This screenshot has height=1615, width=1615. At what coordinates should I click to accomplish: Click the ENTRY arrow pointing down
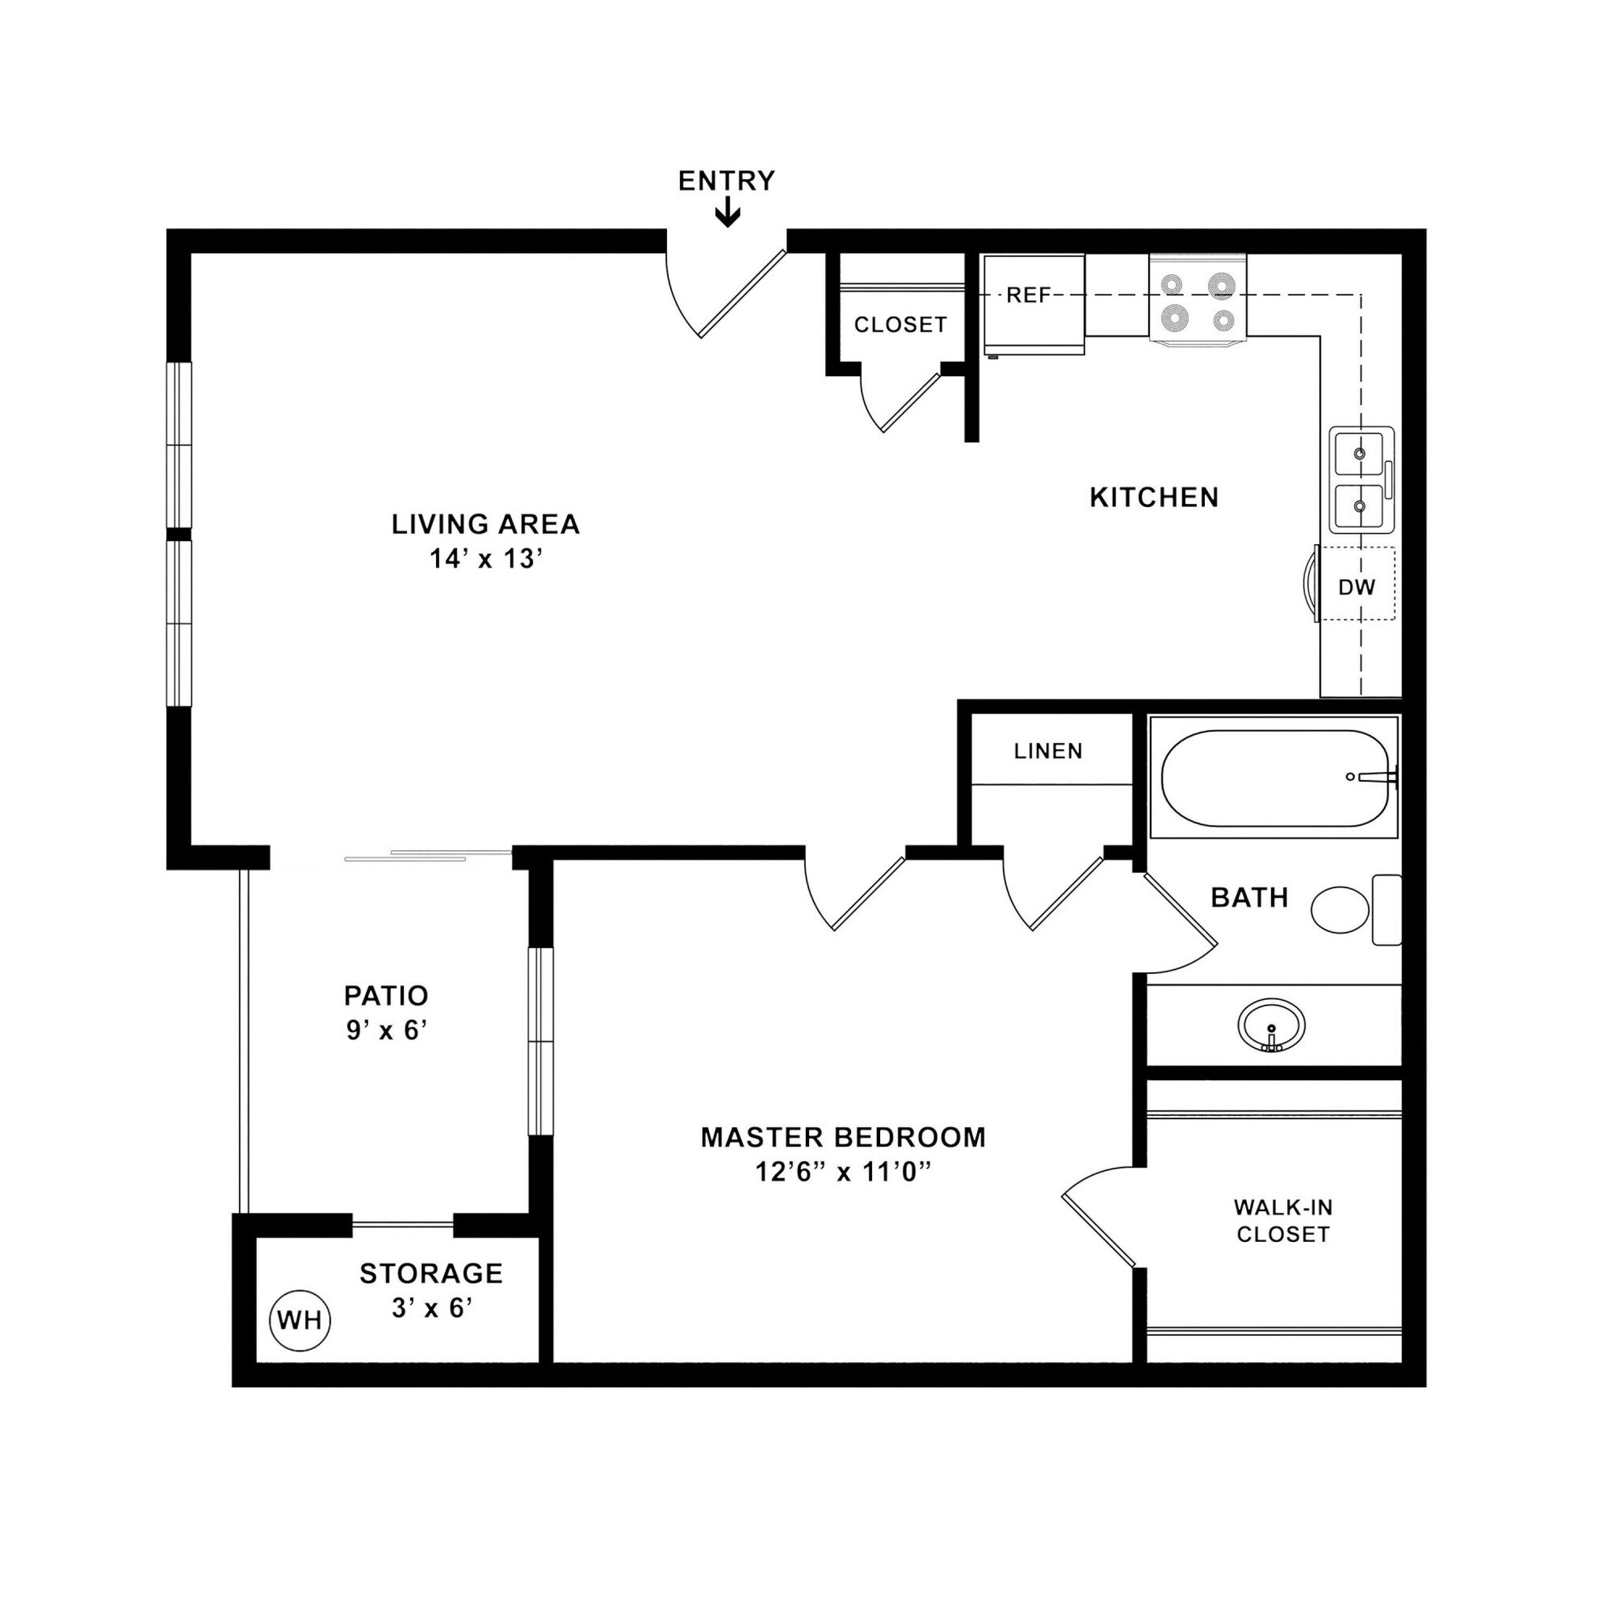(728, 214)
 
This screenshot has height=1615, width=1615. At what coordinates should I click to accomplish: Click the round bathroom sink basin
(1271, 1024)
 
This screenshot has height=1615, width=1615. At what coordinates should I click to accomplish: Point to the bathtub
(1274, 778)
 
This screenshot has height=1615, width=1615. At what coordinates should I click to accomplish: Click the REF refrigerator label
(1028, 295)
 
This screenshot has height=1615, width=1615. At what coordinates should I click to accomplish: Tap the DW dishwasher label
(1356, 587)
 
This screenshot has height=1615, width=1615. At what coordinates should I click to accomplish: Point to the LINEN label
(1048, 751)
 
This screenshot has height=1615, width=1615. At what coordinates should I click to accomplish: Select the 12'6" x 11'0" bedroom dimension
(843, 1172)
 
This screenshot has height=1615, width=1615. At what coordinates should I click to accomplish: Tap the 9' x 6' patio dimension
(387, 1030)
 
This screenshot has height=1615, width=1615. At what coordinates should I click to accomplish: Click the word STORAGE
(431, 1273)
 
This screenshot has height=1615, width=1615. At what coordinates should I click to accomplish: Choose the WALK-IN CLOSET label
(1282, 1221)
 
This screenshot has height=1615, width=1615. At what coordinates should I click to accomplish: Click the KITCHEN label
(1154, 498)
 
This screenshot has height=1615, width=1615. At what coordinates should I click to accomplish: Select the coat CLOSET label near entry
(901, 324)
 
